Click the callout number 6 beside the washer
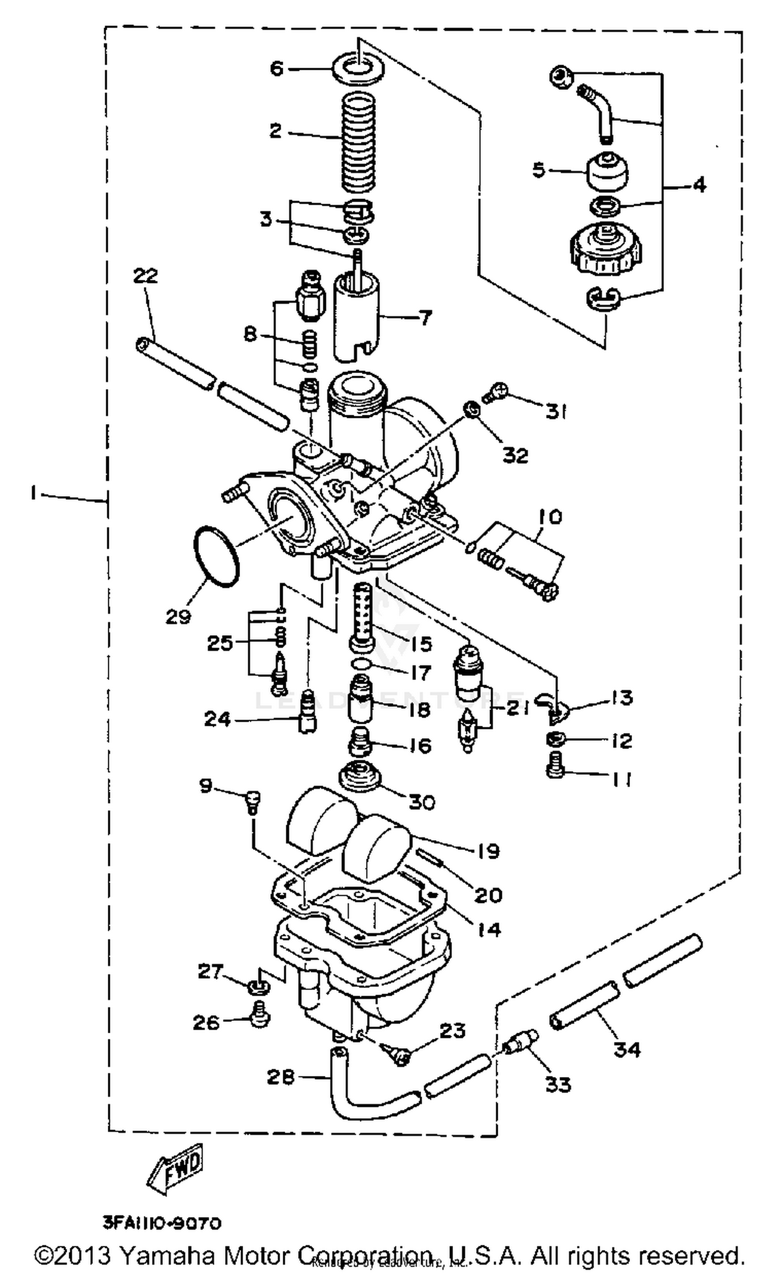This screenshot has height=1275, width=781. click(276, 68)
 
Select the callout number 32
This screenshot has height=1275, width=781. click(515, 455)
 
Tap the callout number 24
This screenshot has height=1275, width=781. click(217, 720)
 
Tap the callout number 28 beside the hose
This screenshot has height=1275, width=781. click(281, 1077)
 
